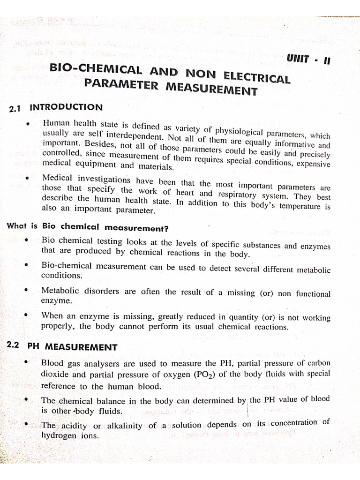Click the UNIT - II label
[310, 60]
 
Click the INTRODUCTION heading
[66, 107]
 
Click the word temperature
[298, 206]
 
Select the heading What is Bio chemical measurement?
[88, 227]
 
